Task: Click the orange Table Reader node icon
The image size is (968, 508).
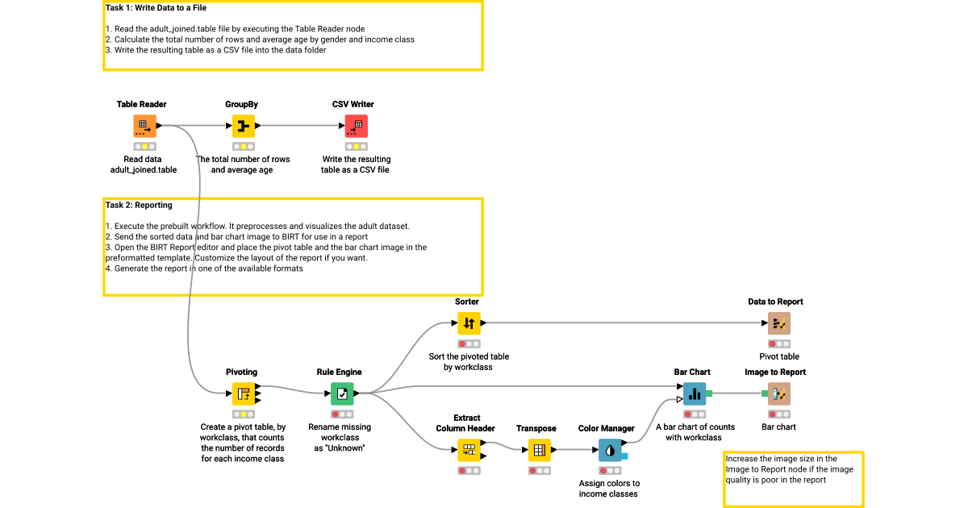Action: point(144,126)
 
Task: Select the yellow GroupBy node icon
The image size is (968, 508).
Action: point(244,126)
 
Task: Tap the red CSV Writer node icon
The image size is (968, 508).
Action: point(356,126)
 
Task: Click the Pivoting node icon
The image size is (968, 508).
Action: point(244,393)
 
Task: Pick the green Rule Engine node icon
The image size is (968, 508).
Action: point(342,393)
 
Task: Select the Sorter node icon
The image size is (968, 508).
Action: point(469,323)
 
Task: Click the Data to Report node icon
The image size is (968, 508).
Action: point(779,323)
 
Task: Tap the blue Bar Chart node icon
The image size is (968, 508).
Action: point(695,393)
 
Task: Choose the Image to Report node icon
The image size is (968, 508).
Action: point(779,393)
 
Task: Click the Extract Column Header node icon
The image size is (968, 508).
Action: point(469,450)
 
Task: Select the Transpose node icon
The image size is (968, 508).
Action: point(539,450)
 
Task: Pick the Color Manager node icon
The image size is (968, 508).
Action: point(609,450)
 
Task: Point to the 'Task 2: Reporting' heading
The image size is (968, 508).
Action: point(139,206)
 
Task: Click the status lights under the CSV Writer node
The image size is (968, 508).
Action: point(356,147)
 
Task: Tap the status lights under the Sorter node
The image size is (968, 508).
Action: point(469,344)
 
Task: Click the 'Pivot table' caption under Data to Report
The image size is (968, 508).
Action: point(779,356)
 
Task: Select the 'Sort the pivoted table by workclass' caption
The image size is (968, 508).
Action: point(469,361)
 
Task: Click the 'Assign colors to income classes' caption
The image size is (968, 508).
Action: point(609,489)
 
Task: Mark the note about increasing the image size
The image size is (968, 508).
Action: point(792,469)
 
